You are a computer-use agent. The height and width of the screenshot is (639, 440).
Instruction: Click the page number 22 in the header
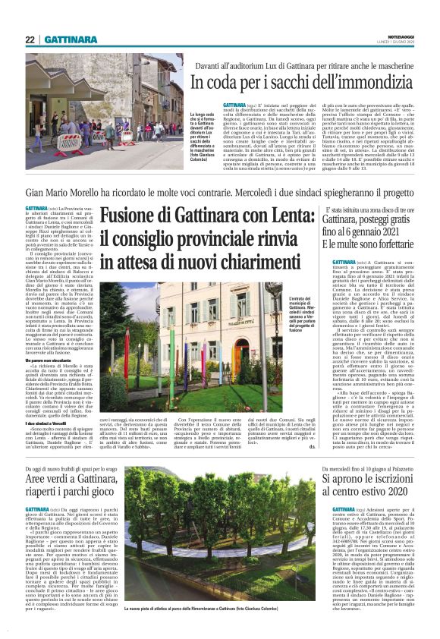pos(30,39)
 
